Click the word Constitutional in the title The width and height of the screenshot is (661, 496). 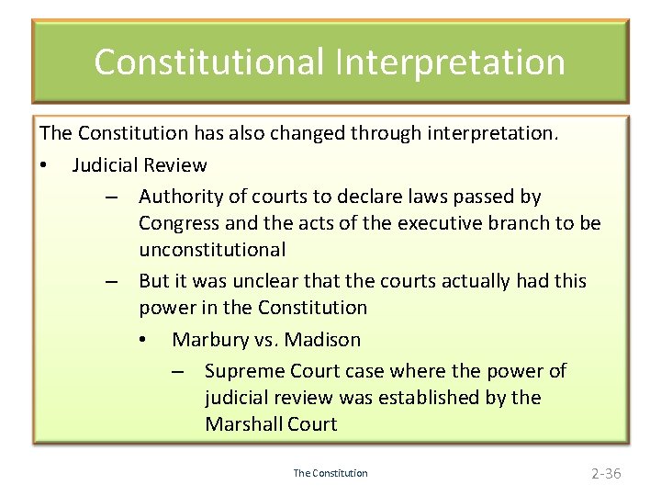[x=208, y=62]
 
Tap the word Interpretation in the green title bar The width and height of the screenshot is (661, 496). [x=450, y=62]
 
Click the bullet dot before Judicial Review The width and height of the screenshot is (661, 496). [x=44, y=166]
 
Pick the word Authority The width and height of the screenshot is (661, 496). [x=180, y=197]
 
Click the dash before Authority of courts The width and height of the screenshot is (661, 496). [x=110, y=197]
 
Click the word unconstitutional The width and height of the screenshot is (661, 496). [x=212, y=250]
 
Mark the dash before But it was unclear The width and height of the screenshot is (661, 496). [x=110, y=282]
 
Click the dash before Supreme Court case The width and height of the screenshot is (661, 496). [x=177, y=372]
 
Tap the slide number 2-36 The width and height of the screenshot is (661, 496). [x=606, y=473]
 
